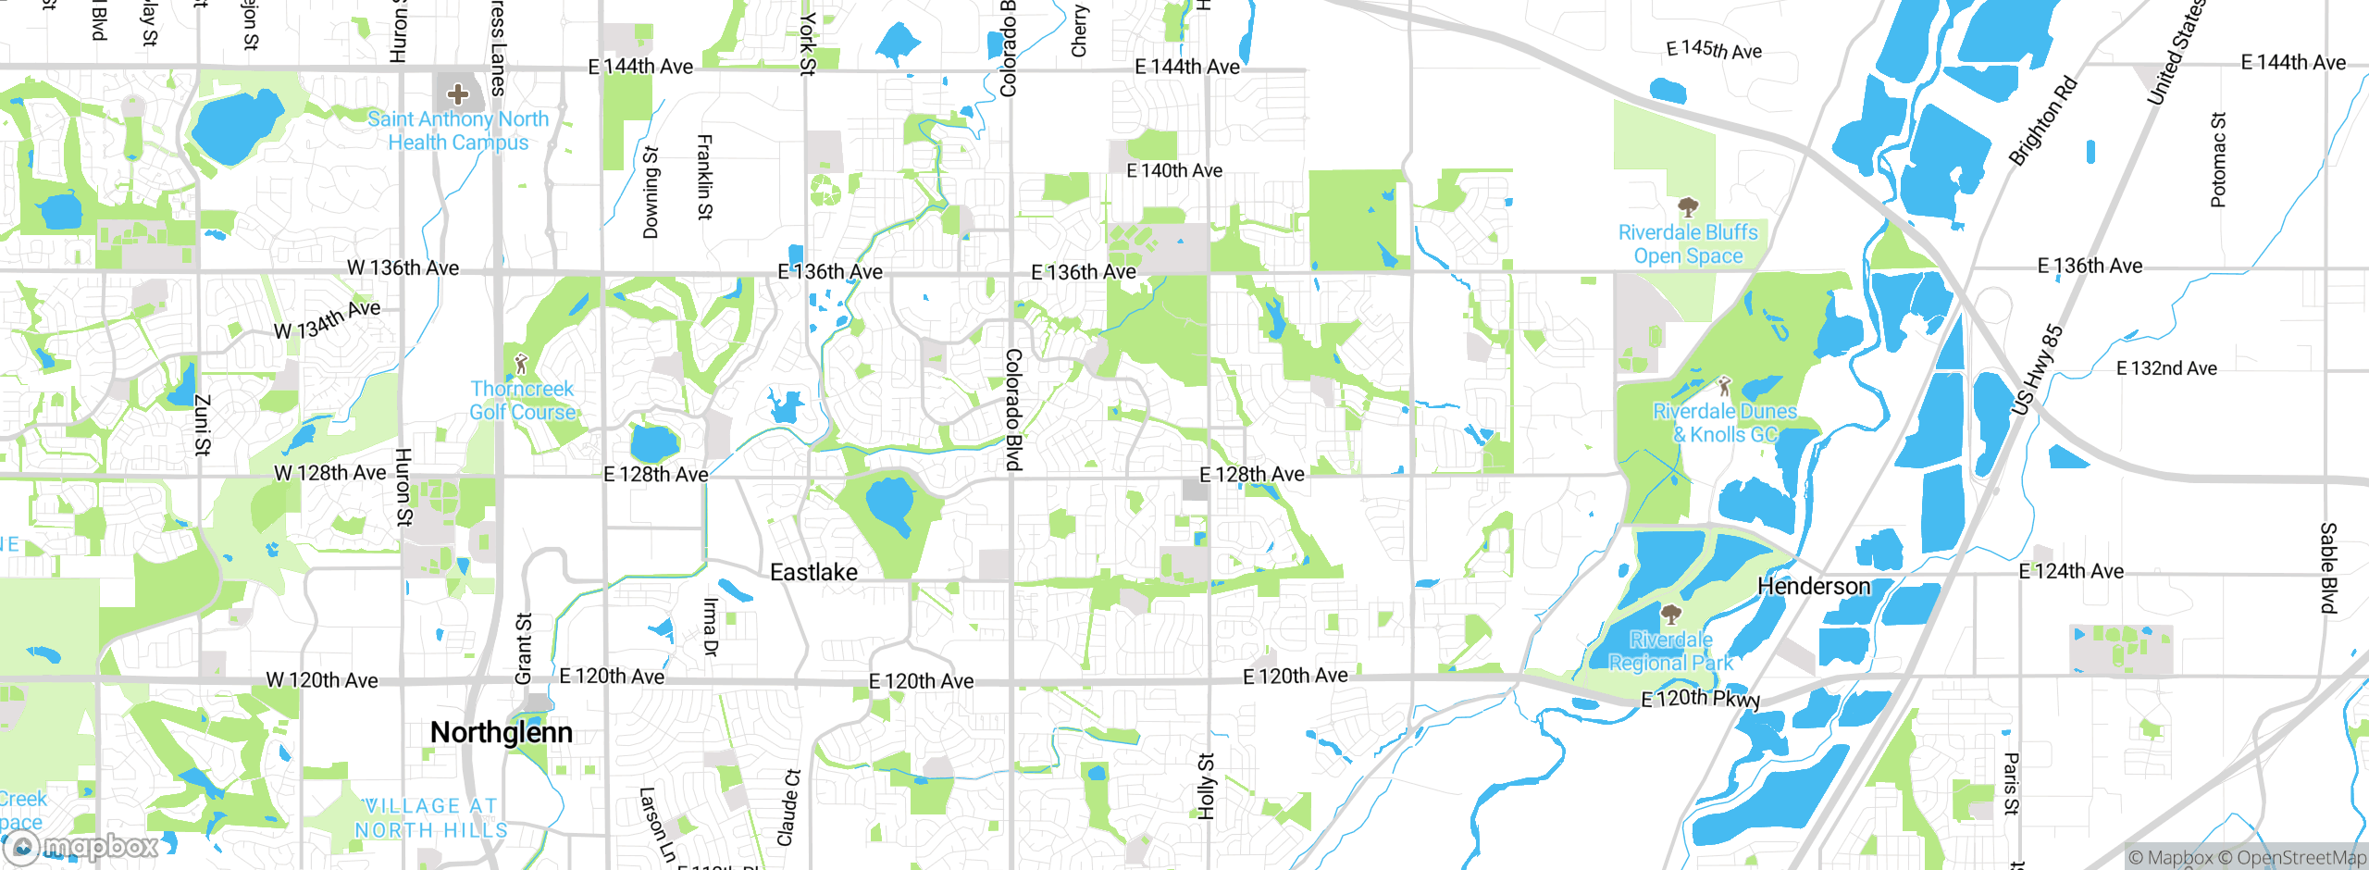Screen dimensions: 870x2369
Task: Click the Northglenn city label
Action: click(501, 733)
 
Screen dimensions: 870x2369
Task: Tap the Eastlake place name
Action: click(813, 573)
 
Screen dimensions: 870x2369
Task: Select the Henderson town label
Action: click(1813, 587)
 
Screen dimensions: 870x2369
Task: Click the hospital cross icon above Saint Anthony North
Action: click(457, 93)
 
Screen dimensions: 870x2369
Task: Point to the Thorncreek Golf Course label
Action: click(522, 401)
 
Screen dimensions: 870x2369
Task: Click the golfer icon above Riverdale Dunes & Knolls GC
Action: click(1723, 385)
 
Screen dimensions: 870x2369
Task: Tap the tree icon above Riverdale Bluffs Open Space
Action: click(1688, 206)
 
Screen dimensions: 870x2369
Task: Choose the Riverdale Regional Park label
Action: click(1670, 652)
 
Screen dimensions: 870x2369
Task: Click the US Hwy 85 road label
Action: click(2037, 369)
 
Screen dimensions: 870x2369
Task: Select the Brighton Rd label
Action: click(2042, 121)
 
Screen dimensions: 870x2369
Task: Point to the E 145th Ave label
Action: click(1714, 50)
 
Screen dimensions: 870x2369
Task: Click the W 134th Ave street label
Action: click(327, 318)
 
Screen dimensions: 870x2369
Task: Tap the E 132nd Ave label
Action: click(2166, 368)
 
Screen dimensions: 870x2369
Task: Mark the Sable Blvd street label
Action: click(2328, 567)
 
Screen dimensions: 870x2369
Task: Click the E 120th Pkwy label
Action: click(1700, 699)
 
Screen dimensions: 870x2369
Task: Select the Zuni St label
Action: click(203, 425)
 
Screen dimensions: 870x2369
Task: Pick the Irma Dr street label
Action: click(710, 627)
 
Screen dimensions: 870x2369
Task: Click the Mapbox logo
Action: click(83, 846)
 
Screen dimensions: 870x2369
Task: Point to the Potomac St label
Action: click(2218, 159)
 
